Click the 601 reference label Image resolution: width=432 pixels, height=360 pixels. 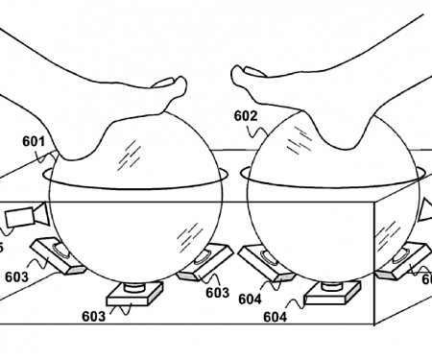click(x=34, y=140)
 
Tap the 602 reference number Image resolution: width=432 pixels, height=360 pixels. click(x=245, y=115)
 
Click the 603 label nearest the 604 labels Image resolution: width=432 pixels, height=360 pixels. click(x=216, y=293)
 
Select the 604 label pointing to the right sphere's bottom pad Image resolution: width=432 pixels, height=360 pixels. click(x=276, y=316)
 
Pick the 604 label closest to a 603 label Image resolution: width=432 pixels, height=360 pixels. click(x=250, y=299)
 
